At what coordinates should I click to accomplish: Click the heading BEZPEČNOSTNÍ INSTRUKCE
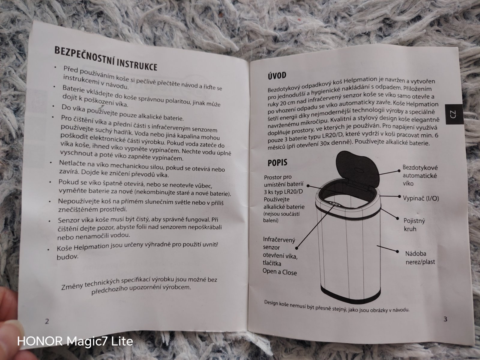click(106, 58)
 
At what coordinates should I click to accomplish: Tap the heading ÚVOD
click(277, 76)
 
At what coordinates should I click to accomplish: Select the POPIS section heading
click(277, 163)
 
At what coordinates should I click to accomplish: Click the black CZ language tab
click(454, 114)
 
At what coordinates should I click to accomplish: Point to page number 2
click(47, 321)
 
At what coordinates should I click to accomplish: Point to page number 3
click(445, 319)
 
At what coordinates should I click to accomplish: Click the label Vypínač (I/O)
click(421, 198)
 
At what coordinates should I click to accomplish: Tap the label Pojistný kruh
click(414, 225)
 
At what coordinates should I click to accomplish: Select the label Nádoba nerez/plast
click(420, 258)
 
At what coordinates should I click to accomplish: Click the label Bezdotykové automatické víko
click(420, 175)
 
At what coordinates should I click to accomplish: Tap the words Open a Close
click(280, 272)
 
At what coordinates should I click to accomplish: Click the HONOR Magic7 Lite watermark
click(75, 341)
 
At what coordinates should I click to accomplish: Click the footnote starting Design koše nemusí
click(337, 306)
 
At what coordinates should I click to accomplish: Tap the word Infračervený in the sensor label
click(279, 240)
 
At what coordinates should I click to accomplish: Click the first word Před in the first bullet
click(70, 69)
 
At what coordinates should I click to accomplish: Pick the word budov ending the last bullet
click(67, 257)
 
